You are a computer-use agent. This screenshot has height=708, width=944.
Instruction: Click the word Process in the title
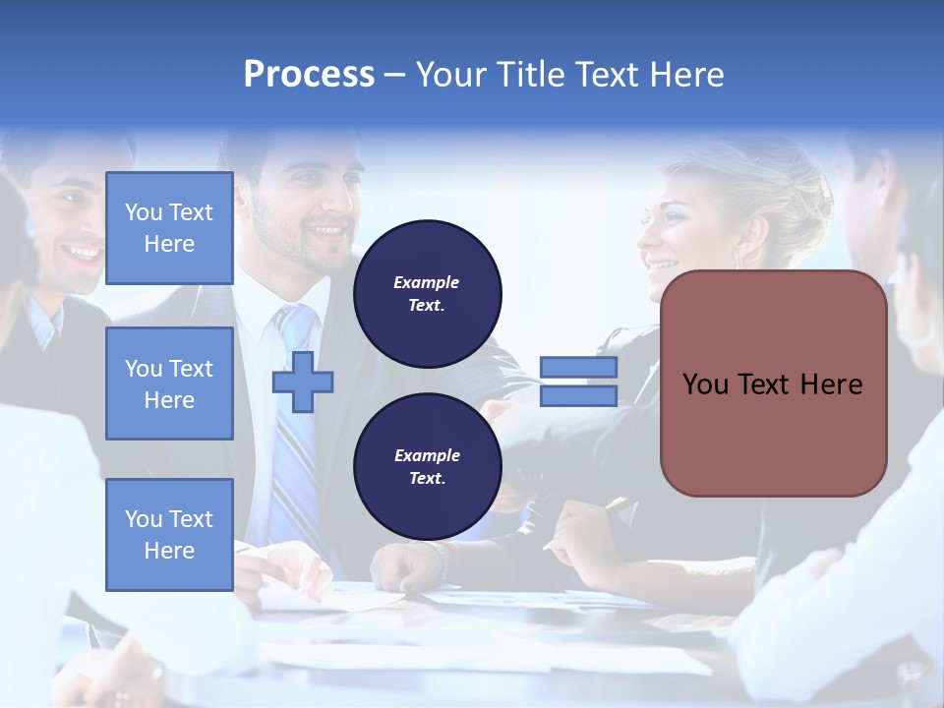(x=309, y=75)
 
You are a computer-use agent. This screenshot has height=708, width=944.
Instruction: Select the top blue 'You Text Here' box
(x=169, y=228)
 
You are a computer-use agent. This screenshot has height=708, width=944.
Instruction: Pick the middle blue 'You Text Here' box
(x=169, y=383)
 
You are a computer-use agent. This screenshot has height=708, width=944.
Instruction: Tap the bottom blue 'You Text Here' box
(x=169, y=535)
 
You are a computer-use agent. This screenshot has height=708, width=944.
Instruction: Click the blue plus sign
(x=303, y=382)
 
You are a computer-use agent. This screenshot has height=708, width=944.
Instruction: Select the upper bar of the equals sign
(x=578, y=367)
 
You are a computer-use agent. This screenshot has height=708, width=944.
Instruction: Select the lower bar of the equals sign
(x=578, y=395)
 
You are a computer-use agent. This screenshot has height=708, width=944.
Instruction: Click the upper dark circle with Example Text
(x=427, y=294)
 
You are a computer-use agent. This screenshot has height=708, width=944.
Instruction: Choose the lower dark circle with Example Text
(x=427, y=467)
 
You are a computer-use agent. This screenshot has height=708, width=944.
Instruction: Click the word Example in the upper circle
(x=427, y=282)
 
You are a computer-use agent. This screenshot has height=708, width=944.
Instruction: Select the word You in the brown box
(x=705, y=384)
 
